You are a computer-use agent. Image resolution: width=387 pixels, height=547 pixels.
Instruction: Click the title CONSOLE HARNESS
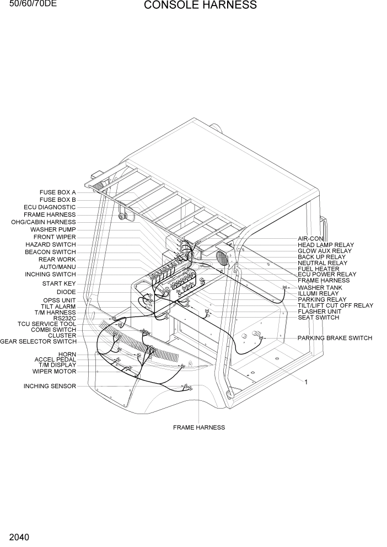(200, 6)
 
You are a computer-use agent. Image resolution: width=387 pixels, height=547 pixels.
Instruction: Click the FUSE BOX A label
(58, 192)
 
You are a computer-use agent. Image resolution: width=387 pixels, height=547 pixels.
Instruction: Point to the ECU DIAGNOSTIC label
(50, 207)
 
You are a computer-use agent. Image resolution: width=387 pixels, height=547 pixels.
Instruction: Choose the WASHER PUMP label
(53, 229)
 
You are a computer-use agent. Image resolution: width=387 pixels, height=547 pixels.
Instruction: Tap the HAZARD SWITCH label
(51, 244)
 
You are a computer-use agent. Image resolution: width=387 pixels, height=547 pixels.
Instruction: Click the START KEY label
(59, 283)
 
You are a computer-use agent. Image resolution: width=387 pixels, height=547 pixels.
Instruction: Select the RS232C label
(64, 318)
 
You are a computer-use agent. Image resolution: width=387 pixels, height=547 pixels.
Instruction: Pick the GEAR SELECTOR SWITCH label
(38, 341)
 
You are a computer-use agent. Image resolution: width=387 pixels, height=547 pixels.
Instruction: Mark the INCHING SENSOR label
(50, 386)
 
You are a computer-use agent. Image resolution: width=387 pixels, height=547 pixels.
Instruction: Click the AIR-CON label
(310, 239)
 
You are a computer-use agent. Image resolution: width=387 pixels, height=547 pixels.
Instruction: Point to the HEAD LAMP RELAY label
(326, 245)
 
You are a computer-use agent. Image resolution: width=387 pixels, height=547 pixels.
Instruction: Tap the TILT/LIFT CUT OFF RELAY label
(335, 305)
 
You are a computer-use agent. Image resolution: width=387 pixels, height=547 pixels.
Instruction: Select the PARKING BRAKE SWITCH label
(335, 338)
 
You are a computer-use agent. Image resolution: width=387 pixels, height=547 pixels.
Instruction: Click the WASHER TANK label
(320, 287)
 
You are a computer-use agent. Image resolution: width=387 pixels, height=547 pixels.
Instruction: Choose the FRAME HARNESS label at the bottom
(199, 427)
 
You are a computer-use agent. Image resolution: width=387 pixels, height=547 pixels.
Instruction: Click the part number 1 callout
(306, 382)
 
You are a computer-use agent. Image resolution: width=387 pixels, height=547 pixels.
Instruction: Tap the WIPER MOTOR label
(54, 371)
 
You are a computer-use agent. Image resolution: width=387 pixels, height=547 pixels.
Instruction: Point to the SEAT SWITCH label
(318, 318)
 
